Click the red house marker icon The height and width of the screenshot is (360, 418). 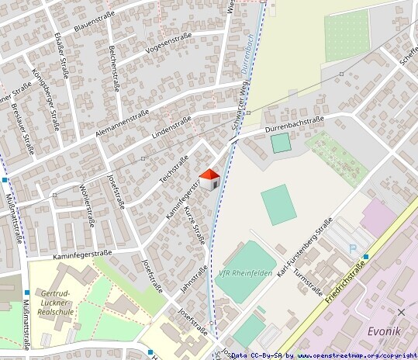(x=209, y=179)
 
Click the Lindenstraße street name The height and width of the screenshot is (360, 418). (x=171, y=125)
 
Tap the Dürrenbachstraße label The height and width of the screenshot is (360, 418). (x=294, y=121)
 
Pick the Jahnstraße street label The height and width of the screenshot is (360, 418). (x=193, y=281)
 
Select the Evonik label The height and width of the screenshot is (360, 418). (x=383, y=331)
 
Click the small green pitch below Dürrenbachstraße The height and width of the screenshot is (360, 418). (x=281, y=143)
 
